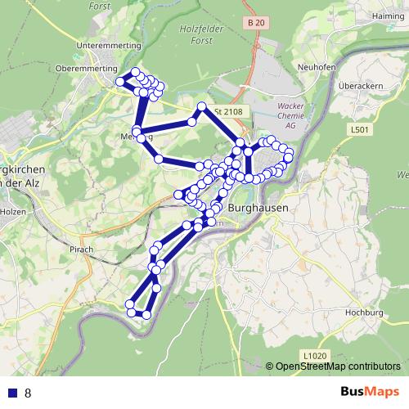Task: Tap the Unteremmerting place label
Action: tap(107, 45)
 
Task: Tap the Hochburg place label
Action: tap(365, 312)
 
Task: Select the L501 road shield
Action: tap(360, 129)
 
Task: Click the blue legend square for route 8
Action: tap(13, 393)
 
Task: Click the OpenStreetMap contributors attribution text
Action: tap(337, 367)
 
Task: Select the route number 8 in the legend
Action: tap(29, 393)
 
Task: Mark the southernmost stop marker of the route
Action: tap(147, 314)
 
